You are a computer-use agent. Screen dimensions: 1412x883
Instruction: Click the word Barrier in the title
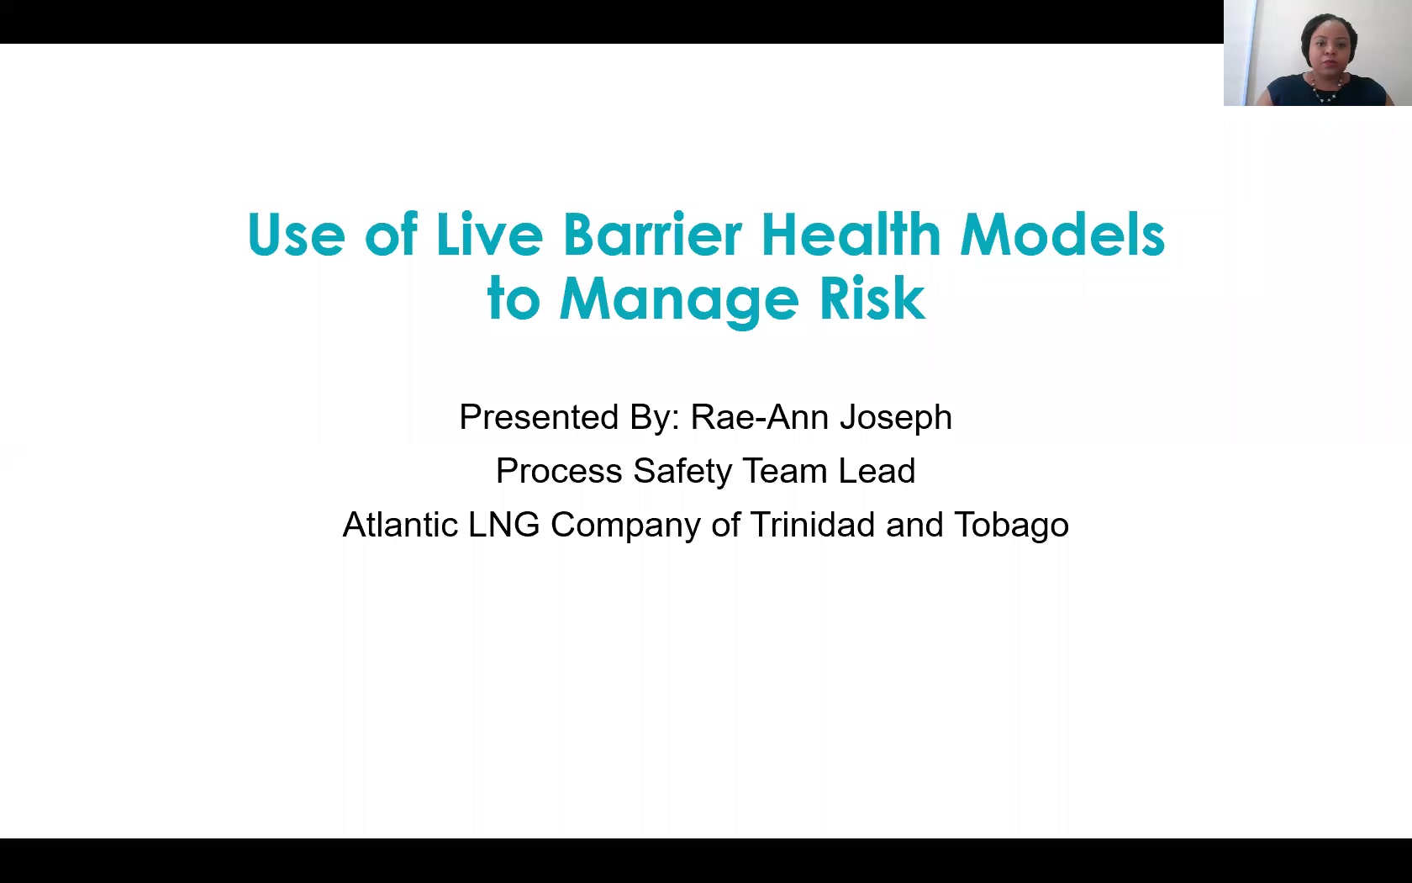[x=652, y=235]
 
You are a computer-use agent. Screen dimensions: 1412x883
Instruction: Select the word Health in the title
[x=851, y=234]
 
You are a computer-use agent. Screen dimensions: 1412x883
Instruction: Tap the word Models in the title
[x=1062, y=234]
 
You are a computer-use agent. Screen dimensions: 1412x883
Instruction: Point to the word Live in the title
[x=489, y=234]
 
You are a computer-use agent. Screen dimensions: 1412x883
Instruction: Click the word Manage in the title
[x=679, y=301]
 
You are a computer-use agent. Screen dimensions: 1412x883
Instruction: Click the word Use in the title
[x=296, y=235]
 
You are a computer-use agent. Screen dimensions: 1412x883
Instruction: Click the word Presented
[x=539, y=417]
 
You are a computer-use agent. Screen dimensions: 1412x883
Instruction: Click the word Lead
[x=876, y=471]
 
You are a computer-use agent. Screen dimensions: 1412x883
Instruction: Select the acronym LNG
[x=504, y=525]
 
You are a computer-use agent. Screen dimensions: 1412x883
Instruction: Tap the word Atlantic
[x=400, y=525]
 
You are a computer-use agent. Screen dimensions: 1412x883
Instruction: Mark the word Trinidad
[x=813, y=525]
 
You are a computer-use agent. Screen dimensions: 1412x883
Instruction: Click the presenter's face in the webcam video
[x=1328, y=50]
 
